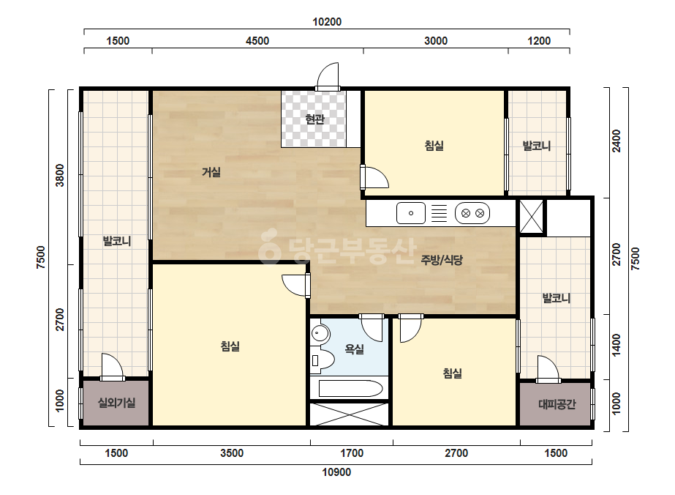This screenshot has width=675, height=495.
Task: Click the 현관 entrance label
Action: point(314,119)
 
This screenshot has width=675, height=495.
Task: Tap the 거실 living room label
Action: point(211,172)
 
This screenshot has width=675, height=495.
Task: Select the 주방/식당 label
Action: point(442,259)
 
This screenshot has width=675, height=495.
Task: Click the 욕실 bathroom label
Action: point(354,349)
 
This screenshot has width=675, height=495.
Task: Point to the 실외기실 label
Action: point(117,403)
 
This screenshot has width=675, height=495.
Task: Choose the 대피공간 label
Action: point(557,404)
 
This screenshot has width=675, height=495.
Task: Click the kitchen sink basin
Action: point(411,213)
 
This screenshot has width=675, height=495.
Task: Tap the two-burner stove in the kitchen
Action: point(472,213)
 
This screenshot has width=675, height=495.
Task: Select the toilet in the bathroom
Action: point(322,360)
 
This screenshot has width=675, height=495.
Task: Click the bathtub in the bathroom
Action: point(350,389)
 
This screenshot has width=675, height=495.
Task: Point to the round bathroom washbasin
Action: point(320,333)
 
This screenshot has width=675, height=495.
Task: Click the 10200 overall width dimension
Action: point(327,21)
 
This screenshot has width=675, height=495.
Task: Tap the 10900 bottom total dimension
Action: point(336,472)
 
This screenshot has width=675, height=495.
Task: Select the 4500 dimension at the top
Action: point(257,41)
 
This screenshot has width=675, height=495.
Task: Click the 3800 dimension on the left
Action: point(60,176)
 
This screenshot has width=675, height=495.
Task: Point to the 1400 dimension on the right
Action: point(616,345)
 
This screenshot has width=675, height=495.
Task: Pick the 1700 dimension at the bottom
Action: point(352,453)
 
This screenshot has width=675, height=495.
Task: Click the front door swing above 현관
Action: point(328,76)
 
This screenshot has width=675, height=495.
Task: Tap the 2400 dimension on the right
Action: point(616,141)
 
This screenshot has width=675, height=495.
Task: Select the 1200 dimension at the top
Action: point(539,41)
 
